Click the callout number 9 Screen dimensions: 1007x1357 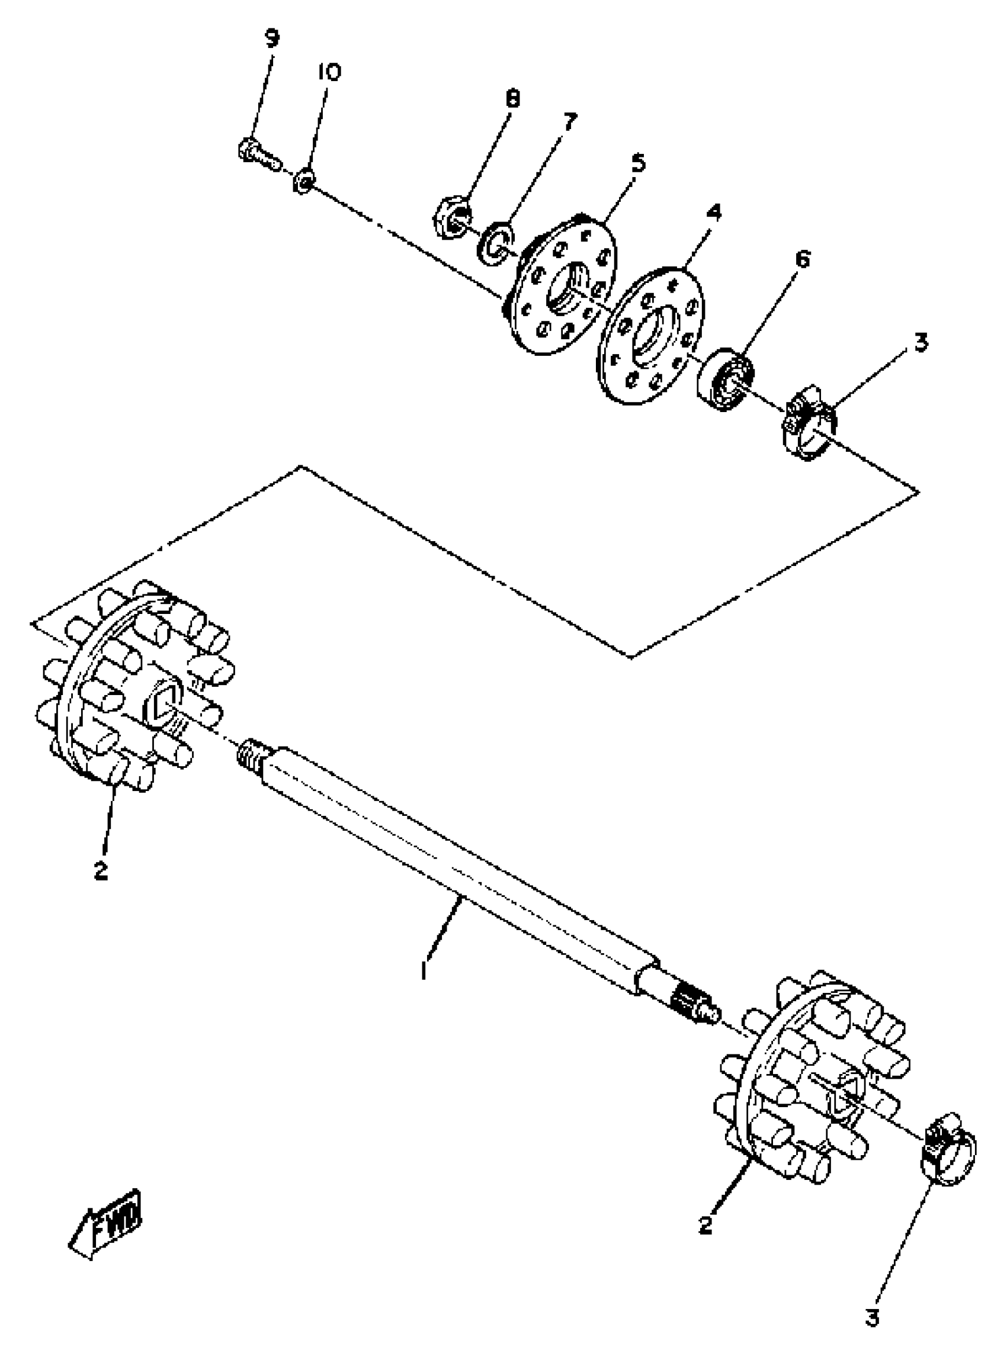(272, 39)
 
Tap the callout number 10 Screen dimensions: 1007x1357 (329, 72)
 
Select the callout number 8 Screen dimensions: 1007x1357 (513, 98)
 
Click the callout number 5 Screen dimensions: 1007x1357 (638, 163)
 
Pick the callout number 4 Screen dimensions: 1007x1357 (714, 212)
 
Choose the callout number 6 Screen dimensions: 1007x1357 (803, 259)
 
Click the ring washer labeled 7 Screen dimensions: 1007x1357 (494, 244)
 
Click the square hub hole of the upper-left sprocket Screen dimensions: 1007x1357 (162, 702)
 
